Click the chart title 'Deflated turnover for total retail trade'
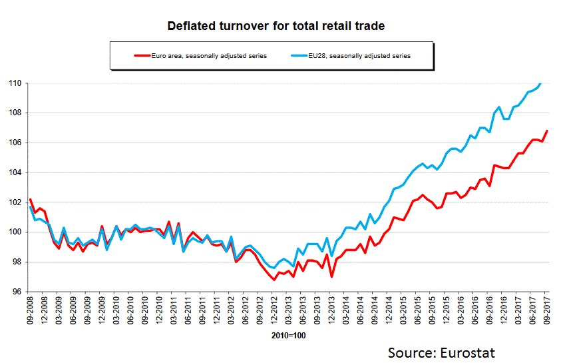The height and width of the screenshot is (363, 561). [276, 27]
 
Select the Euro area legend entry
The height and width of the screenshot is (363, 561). [200, 56]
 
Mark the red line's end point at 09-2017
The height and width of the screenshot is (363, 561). [547, 131]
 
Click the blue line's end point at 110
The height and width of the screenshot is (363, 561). [540, 84]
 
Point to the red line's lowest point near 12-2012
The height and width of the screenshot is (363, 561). [274, 280]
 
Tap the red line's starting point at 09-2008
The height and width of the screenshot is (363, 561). [29, 199]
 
